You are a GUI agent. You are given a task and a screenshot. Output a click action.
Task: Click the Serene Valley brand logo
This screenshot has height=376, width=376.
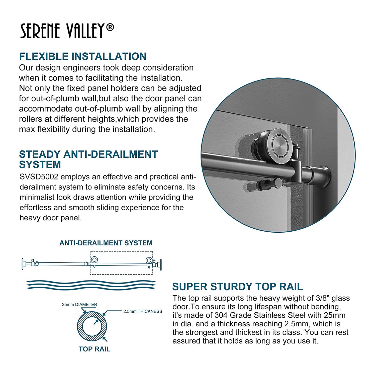[67, 31]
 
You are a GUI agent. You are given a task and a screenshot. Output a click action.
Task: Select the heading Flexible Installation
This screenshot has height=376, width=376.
[83, 56]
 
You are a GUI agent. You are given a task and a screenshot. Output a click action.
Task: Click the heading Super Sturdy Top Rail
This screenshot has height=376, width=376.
[238, 287]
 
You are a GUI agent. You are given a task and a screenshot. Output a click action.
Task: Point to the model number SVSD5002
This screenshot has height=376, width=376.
[39, 177]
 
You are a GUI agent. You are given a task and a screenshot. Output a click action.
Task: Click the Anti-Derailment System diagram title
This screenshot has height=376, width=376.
[106, 243]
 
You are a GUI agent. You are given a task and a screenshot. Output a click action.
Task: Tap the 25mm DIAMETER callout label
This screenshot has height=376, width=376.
[80, 305]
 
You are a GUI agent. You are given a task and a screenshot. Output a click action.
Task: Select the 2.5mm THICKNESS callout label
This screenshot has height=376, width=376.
[143, 311]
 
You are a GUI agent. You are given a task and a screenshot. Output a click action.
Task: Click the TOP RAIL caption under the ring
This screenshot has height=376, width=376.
[95, 349]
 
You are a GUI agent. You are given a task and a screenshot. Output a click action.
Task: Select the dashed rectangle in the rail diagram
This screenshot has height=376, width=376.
[121, 251]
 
